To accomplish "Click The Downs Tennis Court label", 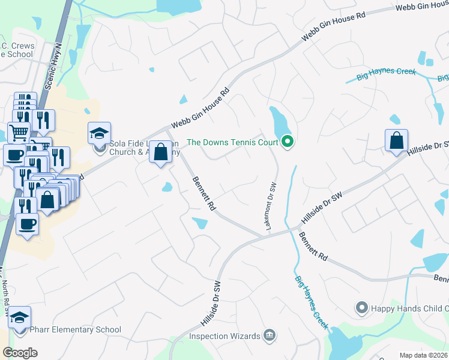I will [x=233, y=142].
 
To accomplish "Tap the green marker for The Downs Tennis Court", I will [x=288, y=142].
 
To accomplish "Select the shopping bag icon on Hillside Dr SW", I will [x=396, y=141].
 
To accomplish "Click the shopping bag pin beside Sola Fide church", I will [x=161, y=152].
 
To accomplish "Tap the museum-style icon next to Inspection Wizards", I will [x=270, y=335].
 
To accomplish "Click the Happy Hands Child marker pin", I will [x=361, y=308].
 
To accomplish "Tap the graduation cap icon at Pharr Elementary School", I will [x=20, y=317].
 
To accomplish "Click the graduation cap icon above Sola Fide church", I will [x=100, y=133].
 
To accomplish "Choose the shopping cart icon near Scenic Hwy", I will [x=19, y=131].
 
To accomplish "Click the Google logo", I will [x=20, y=353].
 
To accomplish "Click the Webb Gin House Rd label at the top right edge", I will [x=423, y=7].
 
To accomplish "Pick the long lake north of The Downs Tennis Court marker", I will [x=280, y=122].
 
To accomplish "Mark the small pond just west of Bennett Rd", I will [x=167, y=188].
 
